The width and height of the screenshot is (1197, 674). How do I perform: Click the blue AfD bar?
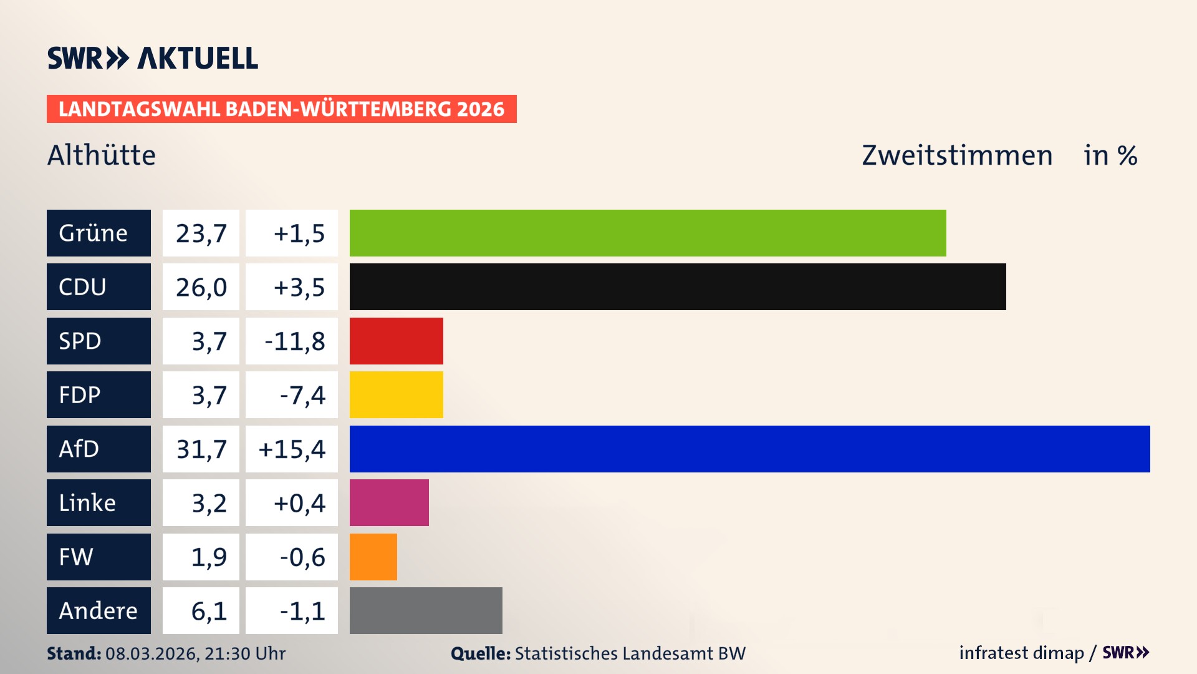(x=749, y=449)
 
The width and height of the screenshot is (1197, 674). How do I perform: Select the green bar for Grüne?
(x=647, y=233)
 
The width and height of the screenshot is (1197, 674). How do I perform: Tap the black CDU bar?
(x=677, y=286)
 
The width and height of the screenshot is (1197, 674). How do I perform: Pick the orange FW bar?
(x=373, y=557)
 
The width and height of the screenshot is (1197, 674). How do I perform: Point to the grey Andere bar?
(x=426, y=610)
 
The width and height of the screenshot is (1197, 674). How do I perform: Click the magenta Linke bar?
(x=389, y=502)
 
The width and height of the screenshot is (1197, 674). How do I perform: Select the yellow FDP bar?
(x=396, y=394)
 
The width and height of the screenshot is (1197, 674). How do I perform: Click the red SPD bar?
(x=396, y=341)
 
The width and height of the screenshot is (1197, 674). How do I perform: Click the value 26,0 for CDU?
(x=201, y=287)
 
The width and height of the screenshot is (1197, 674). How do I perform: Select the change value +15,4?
(x=292, y=449)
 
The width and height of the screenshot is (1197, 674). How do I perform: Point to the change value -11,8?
(x=294, y=341)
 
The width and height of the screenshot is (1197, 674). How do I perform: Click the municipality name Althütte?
(x=102, y=155)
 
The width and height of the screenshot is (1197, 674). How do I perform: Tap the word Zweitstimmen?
(x=957, y=155)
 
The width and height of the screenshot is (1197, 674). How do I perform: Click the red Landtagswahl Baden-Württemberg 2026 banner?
(x=281, y=109)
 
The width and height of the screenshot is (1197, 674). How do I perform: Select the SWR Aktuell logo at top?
(x=152, y=58)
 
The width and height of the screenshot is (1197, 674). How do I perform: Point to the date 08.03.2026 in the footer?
(x=151, y=653)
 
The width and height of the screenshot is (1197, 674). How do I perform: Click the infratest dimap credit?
(x=1021, y=653)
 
